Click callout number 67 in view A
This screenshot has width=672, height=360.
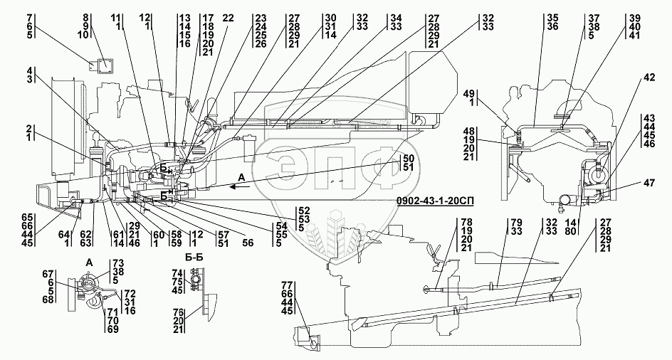pos(48,275)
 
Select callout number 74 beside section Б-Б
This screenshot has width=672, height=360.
pos(177,274)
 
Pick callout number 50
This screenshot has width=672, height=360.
pos(408,158)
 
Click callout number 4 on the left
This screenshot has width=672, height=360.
pos(29,71)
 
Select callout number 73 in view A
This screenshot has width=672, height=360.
pos(117,263)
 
